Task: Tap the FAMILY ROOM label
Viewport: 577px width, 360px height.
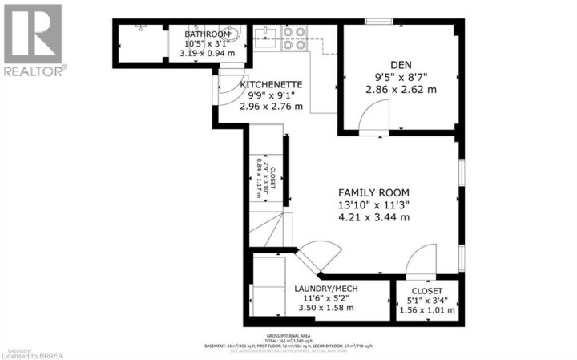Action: click(x=373, y=192)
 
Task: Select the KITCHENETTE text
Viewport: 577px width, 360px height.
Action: click(x=271, y=84)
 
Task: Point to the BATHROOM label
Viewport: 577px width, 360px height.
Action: click(x=207, y=34)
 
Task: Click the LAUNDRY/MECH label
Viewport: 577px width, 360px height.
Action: click(x=325, y=289)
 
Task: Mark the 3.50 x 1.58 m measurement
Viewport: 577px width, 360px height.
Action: click(x=325, y=308)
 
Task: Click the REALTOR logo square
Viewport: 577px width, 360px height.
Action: click(x=32, y=33)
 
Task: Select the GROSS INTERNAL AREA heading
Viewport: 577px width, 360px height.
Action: click(x=288, y=333)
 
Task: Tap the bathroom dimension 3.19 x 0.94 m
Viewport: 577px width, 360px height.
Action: click(x=207, y=54)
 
